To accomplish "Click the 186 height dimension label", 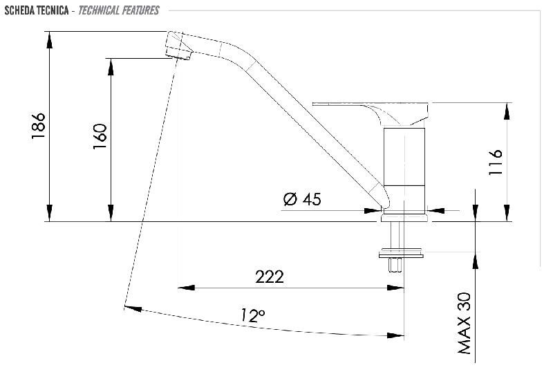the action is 39,126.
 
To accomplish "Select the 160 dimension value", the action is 100,136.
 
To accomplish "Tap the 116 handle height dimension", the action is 496,162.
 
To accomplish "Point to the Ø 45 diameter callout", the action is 302,199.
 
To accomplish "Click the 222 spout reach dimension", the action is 270,277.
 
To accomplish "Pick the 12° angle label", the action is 253,315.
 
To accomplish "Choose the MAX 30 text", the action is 465,323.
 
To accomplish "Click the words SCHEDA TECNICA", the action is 37,10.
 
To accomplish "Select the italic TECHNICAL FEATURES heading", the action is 118,10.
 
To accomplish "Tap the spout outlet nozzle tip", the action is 179,54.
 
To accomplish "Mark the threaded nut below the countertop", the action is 395,265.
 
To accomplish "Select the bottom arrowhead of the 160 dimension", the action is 111,213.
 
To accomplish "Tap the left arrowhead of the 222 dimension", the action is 186,288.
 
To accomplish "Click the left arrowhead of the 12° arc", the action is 133,308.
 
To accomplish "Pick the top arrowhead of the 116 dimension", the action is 507,111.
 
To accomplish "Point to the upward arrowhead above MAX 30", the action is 476,261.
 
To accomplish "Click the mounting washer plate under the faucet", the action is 401,254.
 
